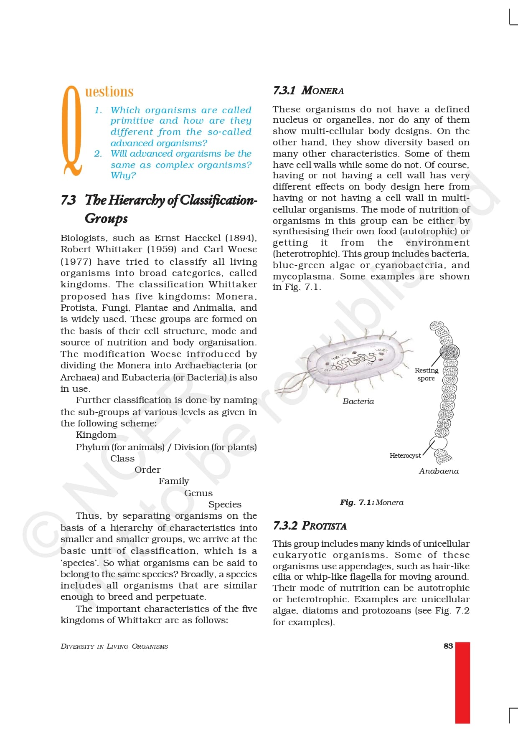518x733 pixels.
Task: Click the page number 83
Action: pyautogui.click(x=448, y=646)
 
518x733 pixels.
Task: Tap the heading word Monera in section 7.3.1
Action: pyautogui.click(x=322, y=91)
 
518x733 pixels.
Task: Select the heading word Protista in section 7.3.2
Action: pyautogui.click(x=324, y=525)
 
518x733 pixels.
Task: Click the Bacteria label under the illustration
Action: pyautogui.click(x=358, y=401)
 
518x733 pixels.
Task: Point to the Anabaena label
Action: pyautogui.click(x=439, y=471)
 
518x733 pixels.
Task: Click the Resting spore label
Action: pyautogui.click(x=426, y=374)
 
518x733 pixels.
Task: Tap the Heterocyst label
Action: pyautogui.click(x=405, y=456)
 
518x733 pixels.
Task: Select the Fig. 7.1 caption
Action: pyautogui.click(x=371, y=502)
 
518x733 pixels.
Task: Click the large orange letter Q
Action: pyautogui.click(x=71, y=130)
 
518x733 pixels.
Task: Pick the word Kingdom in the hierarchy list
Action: pyautogui.click(x=96, y=435)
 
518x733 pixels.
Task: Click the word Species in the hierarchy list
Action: pyautogui.click(x=225, y=505)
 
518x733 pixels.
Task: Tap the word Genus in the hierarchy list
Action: pyautogui.click(x=198, y=493)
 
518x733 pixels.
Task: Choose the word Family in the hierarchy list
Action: pyautogui.click(x=174, y=481)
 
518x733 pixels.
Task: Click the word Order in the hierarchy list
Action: pyautogui.click(x=147, y=470)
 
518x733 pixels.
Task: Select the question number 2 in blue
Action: pyautogui.click(x=98, y=154)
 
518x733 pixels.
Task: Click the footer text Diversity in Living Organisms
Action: pyautogui.click(x=114, y=646)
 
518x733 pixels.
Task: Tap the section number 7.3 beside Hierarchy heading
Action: pyautogui.click(x=69, y=200)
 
